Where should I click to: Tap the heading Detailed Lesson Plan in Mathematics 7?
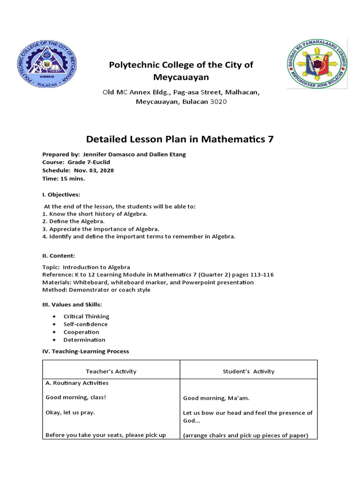tap(180, 139)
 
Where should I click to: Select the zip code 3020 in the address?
tap(218, 102)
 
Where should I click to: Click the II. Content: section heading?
tap(59, 255)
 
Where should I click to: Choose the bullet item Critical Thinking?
tap(86, 316)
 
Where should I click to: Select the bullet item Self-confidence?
tap(85, 324)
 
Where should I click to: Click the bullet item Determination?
tap(84, 340)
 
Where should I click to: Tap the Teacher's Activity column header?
tap(111, 371)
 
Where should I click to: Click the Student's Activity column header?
tap(248, 371)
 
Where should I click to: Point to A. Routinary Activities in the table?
tap(77, 383)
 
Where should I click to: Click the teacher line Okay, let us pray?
tap(70, 412)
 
